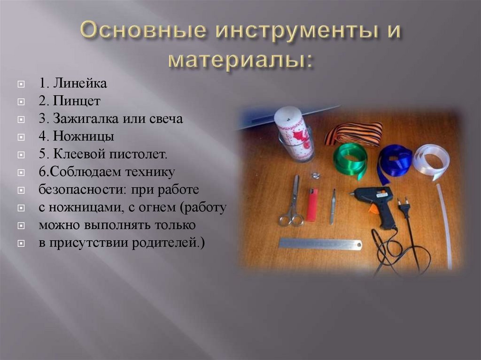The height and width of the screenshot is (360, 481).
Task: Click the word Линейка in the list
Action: [79, 84]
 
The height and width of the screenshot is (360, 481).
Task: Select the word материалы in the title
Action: [240, 60]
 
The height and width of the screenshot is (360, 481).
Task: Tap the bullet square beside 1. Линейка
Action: [21, 85]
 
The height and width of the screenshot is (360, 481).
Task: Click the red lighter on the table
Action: [312, 205]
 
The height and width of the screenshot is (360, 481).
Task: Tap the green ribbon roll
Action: [349, 159]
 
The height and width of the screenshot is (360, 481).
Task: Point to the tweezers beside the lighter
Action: [333, 207]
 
